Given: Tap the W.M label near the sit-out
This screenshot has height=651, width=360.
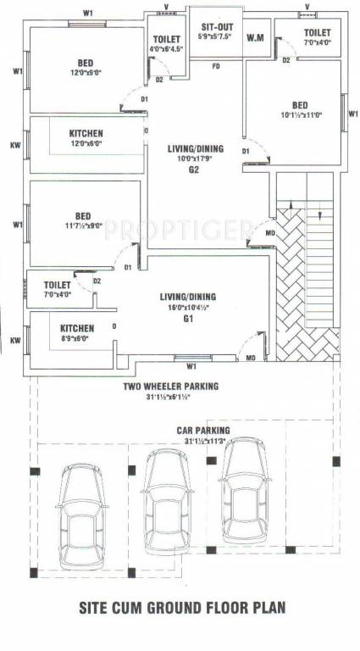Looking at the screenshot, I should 254,38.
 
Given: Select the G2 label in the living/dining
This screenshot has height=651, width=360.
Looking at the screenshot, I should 193,170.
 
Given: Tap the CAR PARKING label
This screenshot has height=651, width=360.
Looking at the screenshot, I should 203,430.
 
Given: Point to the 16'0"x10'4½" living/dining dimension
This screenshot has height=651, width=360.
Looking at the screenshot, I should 188,308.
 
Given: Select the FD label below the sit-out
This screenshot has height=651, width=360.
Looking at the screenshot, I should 216,66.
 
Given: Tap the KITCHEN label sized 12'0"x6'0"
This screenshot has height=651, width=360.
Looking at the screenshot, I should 86,133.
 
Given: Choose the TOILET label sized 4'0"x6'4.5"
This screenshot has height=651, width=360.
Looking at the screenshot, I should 166,41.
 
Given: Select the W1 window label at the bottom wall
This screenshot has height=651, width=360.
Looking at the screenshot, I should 191,367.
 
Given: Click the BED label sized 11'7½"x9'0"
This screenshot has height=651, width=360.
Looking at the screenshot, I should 84,215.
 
